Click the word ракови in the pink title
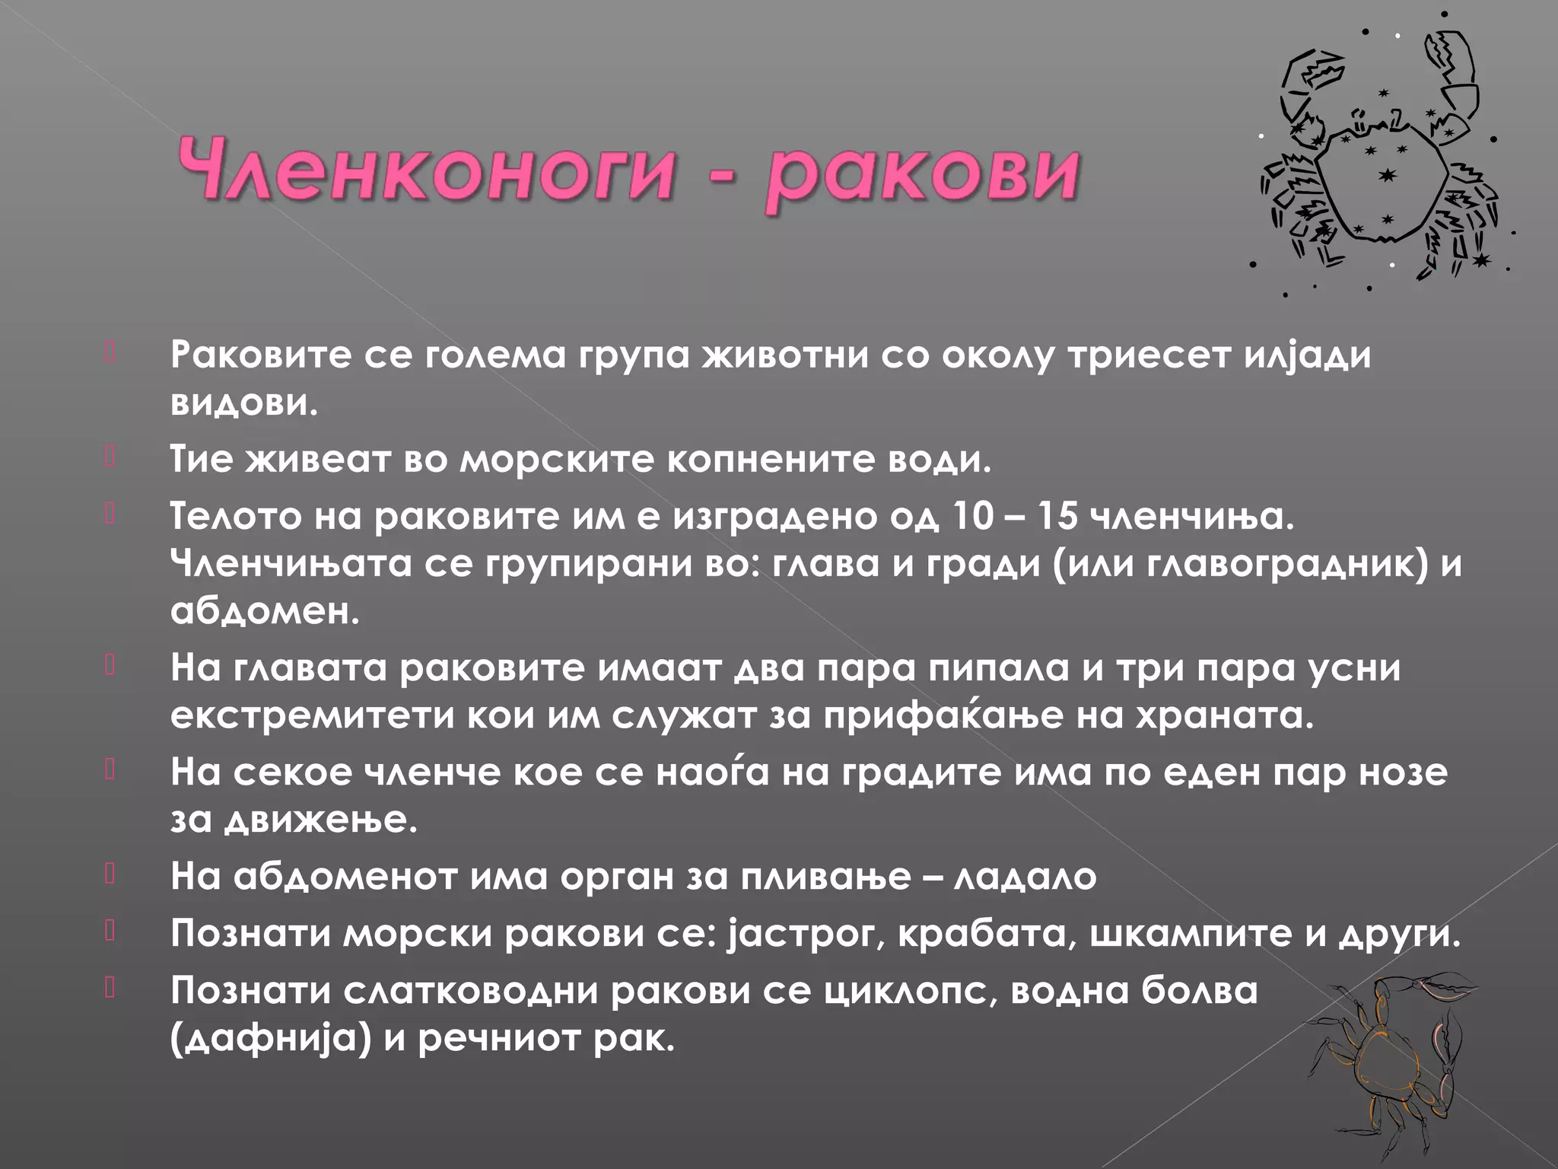(x=921, y=173)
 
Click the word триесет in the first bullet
(x=1149, y=355)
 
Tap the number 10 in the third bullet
(x=972, y=517)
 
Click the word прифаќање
(x=943, y=715)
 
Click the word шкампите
(x=1191, y=934)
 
